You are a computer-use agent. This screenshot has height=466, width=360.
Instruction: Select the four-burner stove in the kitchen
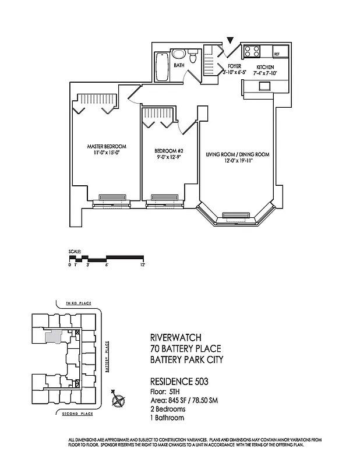252,51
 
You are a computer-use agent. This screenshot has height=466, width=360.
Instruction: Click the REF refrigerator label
277,54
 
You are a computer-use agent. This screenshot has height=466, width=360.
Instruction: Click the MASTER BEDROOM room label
107,146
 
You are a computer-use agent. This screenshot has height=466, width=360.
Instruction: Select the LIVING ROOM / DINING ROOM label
237,154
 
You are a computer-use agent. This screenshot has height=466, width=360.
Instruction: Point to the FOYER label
234,67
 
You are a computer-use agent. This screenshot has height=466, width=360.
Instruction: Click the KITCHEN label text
265,67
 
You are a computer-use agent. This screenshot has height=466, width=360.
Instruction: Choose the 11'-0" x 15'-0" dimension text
107,153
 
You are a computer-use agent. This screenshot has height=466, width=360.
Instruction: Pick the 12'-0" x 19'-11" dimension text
237,161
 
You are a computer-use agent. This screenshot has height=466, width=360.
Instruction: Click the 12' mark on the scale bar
142,264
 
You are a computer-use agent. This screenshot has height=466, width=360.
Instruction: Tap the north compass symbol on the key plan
119,400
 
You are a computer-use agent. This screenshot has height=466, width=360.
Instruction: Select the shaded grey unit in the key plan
54,336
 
